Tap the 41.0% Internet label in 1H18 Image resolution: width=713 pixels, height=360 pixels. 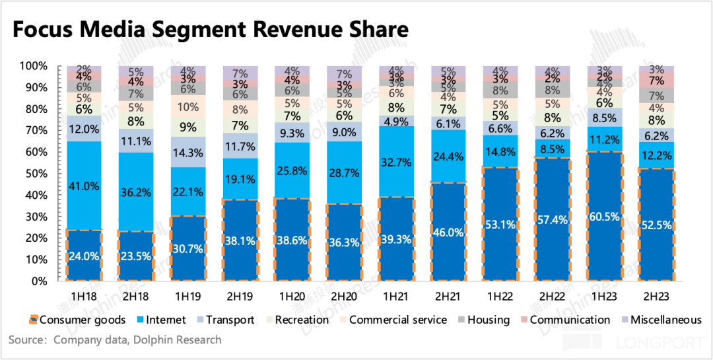84,186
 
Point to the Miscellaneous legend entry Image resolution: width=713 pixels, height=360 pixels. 663,320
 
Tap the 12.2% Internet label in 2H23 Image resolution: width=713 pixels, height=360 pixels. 658,155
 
